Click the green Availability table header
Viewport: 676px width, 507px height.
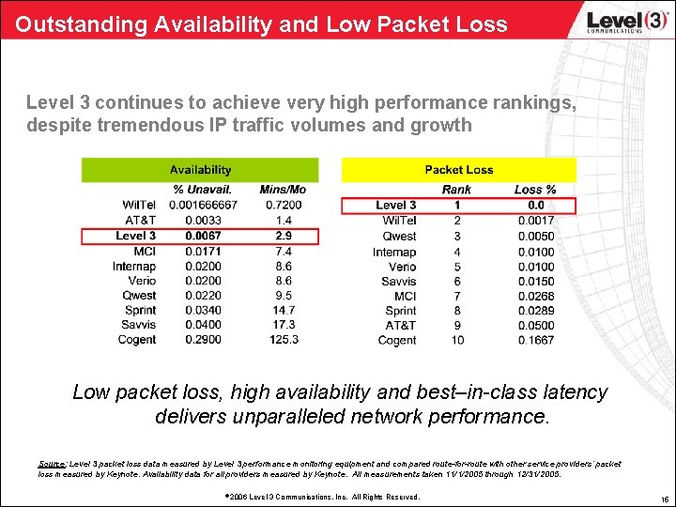point(200,170)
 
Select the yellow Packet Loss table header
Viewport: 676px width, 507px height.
point(458,170)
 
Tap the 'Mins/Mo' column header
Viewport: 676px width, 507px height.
point(283,190)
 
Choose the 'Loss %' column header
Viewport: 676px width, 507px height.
point(535,190)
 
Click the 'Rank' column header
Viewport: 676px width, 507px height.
point(457,190)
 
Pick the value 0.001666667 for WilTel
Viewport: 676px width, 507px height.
point(204,205)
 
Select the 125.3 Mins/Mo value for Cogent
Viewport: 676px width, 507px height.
point(283,340)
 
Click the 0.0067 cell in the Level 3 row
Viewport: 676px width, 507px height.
point(204,236)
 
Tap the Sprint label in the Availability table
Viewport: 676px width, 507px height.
point(141,310)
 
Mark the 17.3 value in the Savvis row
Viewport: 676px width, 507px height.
point(283,325)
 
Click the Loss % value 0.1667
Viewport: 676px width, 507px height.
point(535,340)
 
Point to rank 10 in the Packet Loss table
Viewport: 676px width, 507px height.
point(457,340)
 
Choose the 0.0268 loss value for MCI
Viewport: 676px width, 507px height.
point(535,296)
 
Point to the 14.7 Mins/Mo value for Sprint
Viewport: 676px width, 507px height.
point(283,310)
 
